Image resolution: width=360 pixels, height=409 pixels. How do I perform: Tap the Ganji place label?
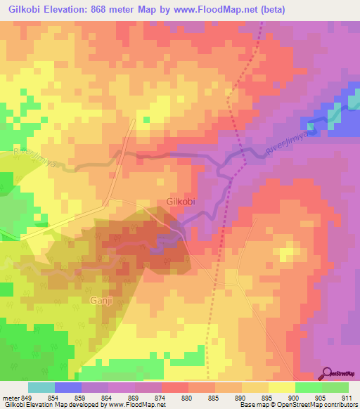click(102, 301)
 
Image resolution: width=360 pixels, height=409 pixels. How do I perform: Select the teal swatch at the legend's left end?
click(41, 387)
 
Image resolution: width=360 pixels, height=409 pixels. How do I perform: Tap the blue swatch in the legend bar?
click(68, 387)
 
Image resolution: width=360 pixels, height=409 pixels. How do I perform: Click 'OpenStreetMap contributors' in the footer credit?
click(317, 405)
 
